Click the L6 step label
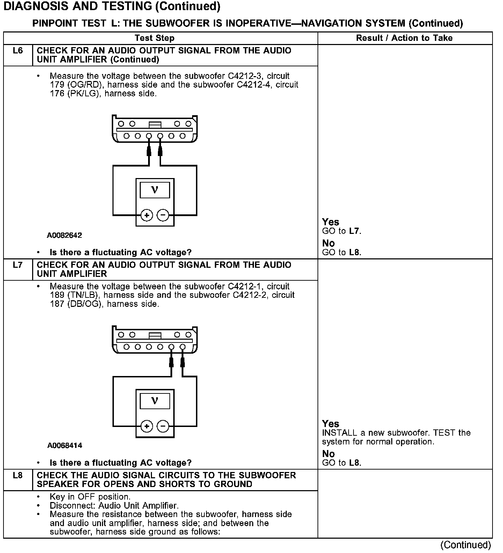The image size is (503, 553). (17, 51)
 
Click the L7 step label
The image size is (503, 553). (17, 265)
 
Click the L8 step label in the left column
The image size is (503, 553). (17, 475)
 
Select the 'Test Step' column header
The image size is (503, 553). (154, 38)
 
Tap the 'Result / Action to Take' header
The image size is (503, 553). (404, 38)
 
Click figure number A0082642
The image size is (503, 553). (64, 235)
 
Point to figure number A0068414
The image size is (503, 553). (65, 445)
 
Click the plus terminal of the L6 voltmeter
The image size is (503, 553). (147, 215)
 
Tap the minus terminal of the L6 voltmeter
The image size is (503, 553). (163, 215)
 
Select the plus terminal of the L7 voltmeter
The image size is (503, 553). (147, 426)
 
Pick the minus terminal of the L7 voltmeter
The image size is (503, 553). (163, 426)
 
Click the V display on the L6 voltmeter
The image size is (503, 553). (155, 190)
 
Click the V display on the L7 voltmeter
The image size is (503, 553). (155, 401)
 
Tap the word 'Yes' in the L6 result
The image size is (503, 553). (330, 222)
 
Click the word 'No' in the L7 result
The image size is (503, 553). (328, 454)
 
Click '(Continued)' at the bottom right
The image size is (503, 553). (466, 545)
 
